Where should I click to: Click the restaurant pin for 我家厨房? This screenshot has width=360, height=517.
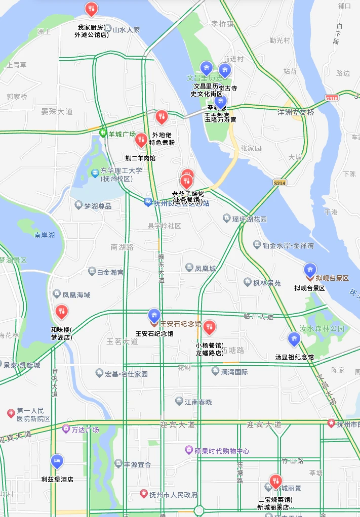tap(91, 9)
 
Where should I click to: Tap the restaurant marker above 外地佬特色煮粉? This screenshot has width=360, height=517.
tap(161, 117)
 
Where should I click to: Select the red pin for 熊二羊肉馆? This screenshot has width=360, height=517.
tap(141, 140)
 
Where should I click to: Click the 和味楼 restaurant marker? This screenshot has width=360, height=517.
tap(61, 311)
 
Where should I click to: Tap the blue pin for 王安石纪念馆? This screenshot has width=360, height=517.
tap(154, 316)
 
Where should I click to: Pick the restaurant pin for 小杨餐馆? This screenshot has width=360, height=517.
tap(209, 327)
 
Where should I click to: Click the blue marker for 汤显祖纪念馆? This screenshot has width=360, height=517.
tap(294, 338)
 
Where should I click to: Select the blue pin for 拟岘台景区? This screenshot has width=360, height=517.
tap(310, 270)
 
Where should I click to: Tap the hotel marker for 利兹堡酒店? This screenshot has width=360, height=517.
tap(57, 461)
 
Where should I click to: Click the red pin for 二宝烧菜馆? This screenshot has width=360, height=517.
tap(275, 481)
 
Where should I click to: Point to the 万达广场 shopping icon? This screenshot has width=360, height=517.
tap(65, 429)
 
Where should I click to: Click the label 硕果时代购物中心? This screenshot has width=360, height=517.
tap(222, 450)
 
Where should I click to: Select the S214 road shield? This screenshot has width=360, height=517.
tap(278, 182)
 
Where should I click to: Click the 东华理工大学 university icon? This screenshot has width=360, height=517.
tap(94, 174)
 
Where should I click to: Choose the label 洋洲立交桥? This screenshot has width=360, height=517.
tap(296, 112)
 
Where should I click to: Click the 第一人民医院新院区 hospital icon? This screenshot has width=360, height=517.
tap(11, 414)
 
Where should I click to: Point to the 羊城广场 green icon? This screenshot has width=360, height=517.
tap(103, 134)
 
